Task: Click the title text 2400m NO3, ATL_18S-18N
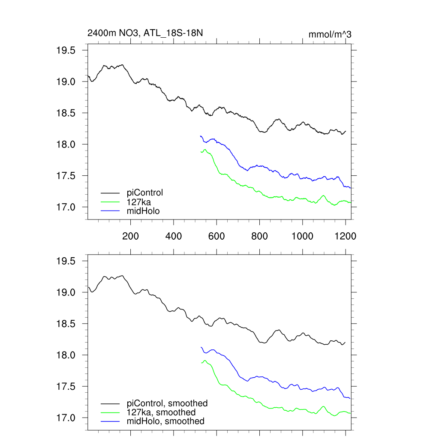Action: pyautogui.click(x=145, y=33)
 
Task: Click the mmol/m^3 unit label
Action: pyautogui.click(x=330, y=34)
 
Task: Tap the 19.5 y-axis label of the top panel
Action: pyautogui.click(x=66, y=51)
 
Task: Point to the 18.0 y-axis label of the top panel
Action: pyautogui.click(x=66, y=144)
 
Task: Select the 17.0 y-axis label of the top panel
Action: pyautogui.click(x=66, y=207)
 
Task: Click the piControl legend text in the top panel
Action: pyautogui.click(x=145, y=192)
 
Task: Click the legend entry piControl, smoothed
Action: pyautogui.click(x=167, y=403)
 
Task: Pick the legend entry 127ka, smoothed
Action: pyautogui.click(x=161, y=412)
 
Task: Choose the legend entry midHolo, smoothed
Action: pyautogui.click(x=165, y=421)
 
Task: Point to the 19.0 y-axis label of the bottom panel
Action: pyautogui.click(x=66, y=292)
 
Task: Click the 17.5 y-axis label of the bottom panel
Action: pyautogui.click(x=66, y=387)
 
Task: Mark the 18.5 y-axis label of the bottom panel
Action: pyautogui.click(x=66, y=324)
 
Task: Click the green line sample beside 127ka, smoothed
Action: pyautogui.click(x=110, y=412)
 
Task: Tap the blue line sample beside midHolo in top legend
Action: pyautogui.click(x=110, y=210)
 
